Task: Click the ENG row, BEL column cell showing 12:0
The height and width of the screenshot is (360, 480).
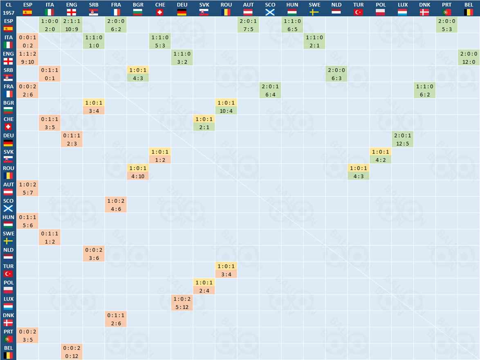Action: point(469,58)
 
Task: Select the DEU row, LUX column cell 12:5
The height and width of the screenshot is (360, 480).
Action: point(403,139)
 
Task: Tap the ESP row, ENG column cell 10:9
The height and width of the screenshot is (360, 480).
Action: point(72,25)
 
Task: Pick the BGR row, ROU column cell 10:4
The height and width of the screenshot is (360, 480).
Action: point(226,107)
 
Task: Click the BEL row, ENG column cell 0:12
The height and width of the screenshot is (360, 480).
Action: point(72,352)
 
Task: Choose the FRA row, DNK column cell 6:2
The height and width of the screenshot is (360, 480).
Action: point(425,90)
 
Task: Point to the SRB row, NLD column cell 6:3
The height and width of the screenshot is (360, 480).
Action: point(336,74)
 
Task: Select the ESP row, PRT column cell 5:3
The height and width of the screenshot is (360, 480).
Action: point(447,25)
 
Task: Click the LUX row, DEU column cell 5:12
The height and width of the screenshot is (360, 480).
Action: point(182,303)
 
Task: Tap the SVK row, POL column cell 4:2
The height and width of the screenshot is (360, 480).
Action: point(381,156)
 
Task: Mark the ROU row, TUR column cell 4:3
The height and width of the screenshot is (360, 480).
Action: point(359,172)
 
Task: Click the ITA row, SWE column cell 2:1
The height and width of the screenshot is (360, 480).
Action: point(314,41)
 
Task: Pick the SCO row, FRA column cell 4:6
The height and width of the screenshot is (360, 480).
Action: point(116,205)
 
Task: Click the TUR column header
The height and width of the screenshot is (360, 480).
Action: point(359,8)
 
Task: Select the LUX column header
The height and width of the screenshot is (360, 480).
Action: point(403,8)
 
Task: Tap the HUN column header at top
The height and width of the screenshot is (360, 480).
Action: point(292,8)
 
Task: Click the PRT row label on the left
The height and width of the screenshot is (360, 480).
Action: point(8,336)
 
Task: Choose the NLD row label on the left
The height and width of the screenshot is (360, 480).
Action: point(8,254)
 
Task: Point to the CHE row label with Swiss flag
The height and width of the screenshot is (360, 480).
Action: point(8,123)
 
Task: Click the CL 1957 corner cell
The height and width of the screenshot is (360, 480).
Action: point(8,8)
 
